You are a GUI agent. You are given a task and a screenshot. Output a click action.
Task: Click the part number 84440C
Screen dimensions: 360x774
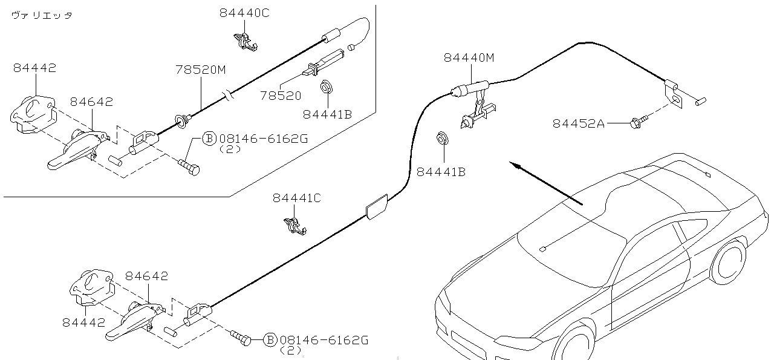244,13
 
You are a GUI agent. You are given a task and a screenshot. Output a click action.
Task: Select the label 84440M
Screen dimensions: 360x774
469,57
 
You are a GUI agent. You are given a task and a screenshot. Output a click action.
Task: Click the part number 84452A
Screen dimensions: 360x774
578,124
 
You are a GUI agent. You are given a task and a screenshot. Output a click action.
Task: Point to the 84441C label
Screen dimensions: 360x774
296,198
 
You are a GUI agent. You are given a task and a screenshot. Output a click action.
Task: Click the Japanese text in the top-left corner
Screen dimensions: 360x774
42,16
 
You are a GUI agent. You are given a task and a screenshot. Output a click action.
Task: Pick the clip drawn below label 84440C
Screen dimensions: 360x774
245,40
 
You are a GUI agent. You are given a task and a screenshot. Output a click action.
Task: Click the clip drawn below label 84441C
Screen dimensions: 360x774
295,225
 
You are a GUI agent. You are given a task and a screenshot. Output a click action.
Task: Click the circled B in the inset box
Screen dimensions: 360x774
209,139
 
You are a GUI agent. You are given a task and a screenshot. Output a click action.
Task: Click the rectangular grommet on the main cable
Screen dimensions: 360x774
376,206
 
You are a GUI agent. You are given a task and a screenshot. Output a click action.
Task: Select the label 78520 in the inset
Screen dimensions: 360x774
281,96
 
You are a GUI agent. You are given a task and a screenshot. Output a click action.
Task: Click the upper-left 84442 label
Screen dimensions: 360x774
34,68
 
